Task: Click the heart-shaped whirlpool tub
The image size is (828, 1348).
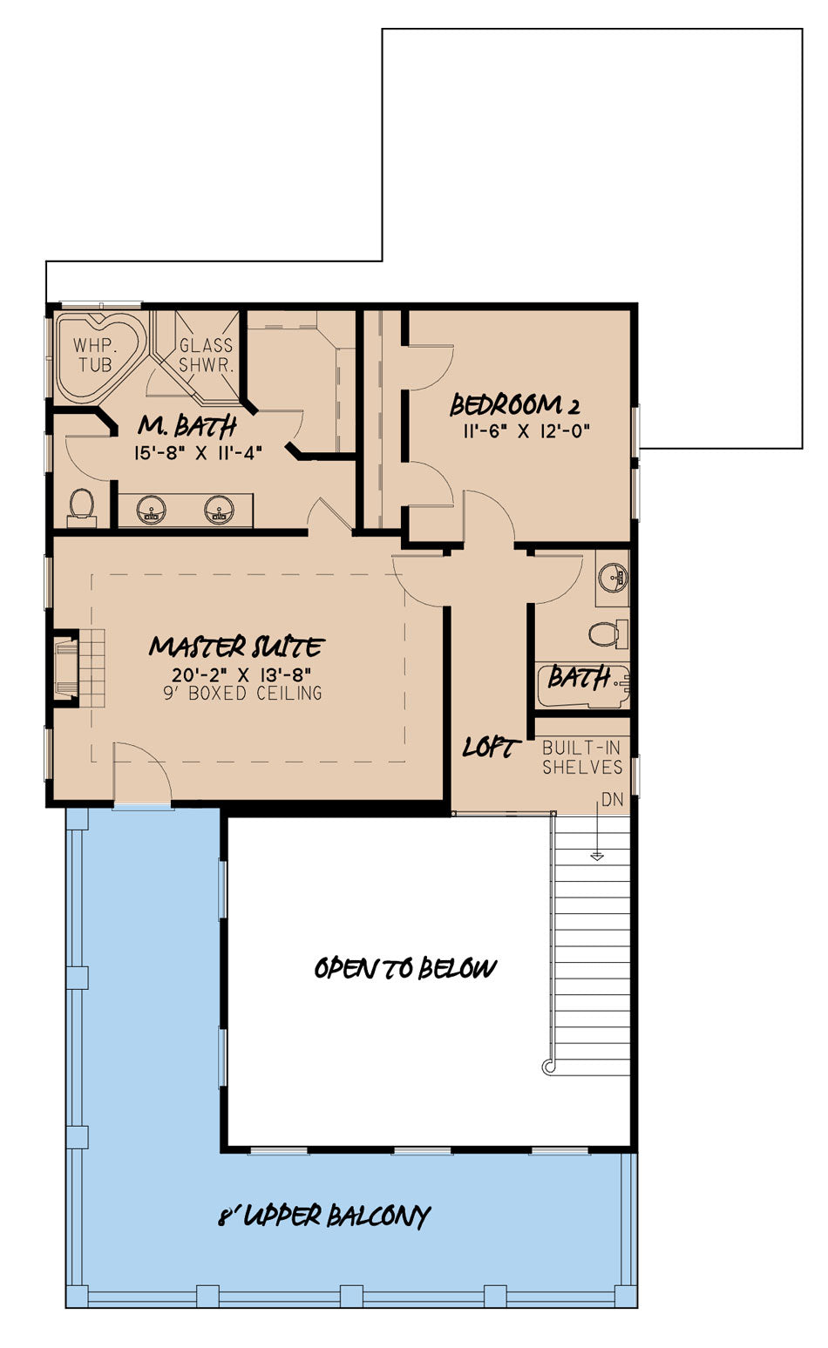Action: coord(100,356)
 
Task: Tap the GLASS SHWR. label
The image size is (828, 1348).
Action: coord(206,355)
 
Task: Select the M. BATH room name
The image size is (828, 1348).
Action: coord(187,427)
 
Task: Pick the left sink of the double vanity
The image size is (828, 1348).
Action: coord(151,509)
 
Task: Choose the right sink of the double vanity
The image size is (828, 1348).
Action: coord(219,509)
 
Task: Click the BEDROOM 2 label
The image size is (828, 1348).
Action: coord(514,405)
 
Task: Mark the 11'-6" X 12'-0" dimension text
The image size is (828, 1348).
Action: coord(526,431)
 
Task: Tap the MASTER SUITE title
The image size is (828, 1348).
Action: coord(236,647)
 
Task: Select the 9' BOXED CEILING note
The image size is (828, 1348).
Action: coord(242,693)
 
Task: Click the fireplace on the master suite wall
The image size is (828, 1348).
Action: coord(66,667)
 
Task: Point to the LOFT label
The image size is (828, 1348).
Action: coord(491,748)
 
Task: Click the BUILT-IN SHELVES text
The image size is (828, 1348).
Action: coord(582,757)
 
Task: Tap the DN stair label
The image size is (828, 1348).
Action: coord(612,800)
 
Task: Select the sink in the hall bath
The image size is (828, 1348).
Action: coord(614,578)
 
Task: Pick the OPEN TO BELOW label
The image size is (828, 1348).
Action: coord(405,968)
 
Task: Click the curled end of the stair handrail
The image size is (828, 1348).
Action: coord(548,1067)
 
